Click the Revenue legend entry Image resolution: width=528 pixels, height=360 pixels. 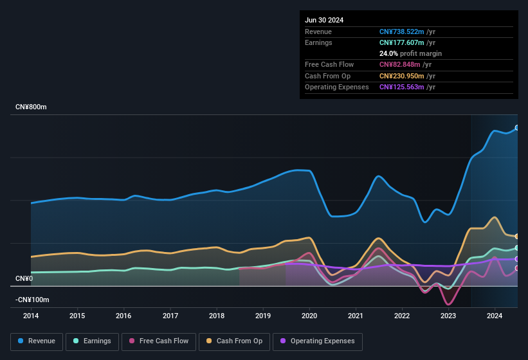point(37,341)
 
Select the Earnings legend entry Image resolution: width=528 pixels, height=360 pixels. point(92,341)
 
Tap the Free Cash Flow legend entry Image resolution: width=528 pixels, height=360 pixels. point(159,341)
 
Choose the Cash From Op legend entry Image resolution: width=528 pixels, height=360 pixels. point(234,341)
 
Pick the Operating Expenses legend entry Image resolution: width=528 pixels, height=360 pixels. point(317,341)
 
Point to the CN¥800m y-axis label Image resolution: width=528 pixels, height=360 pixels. point(31,107)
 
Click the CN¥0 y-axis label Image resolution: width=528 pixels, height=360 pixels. point(24,278)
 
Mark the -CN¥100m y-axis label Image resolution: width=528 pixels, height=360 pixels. point(32,300)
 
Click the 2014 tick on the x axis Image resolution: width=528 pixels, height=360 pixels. point(31,316)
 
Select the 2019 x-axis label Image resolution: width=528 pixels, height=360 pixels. point(262,316)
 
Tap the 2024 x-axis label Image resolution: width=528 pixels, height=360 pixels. point(495,316)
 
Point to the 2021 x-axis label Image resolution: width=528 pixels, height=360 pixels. point(355,316)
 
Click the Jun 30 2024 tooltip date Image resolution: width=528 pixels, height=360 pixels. point(324,20)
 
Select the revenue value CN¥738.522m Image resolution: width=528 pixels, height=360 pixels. point(401,32)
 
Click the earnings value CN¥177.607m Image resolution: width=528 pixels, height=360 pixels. point(401,42)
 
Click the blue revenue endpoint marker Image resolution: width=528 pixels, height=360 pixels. point(517,128)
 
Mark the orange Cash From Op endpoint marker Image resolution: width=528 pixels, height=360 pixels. point(517,237)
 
